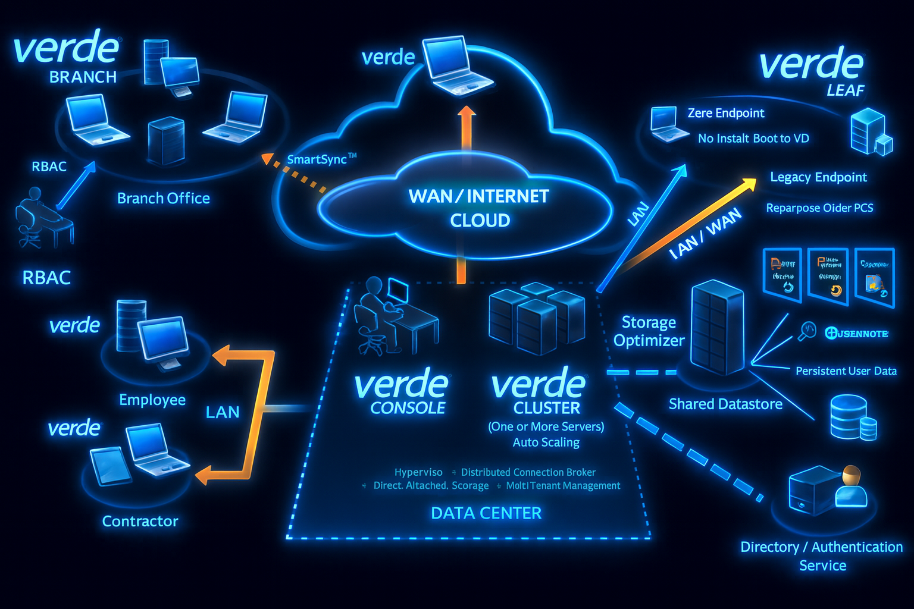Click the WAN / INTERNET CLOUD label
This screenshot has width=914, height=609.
[x=479, y=208]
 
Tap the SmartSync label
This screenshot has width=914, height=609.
[x=321, y=159]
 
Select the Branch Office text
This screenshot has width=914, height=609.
[x=164, y=198]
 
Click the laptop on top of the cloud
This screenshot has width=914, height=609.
[x=458, y=65]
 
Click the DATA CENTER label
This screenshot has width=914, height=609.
[x=486, y=513]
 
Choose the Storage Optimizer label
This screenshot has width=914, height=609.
[x=649, y=331]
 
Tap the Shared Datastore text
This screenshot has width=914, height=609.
[x=725, y=404]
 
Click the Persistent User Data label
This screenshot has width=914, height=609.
[x=846, y=371]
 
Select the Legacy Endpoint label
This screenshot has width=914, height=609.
[x=818, y=177]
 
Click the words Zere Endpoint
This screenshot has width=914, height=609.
[x=725, y=113]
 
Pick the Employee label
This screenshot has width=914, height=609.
[x=152, y=400]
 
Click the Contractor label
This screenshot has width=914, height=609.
[x=140, y=522]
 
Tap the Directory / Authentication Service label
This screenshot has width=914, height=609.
[x=822, y=556]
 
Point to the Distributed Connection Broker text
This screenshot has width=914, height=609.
[x=528, y=472]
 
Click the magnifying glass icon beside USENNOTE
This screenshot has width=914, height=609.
[x=807, y=331]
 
